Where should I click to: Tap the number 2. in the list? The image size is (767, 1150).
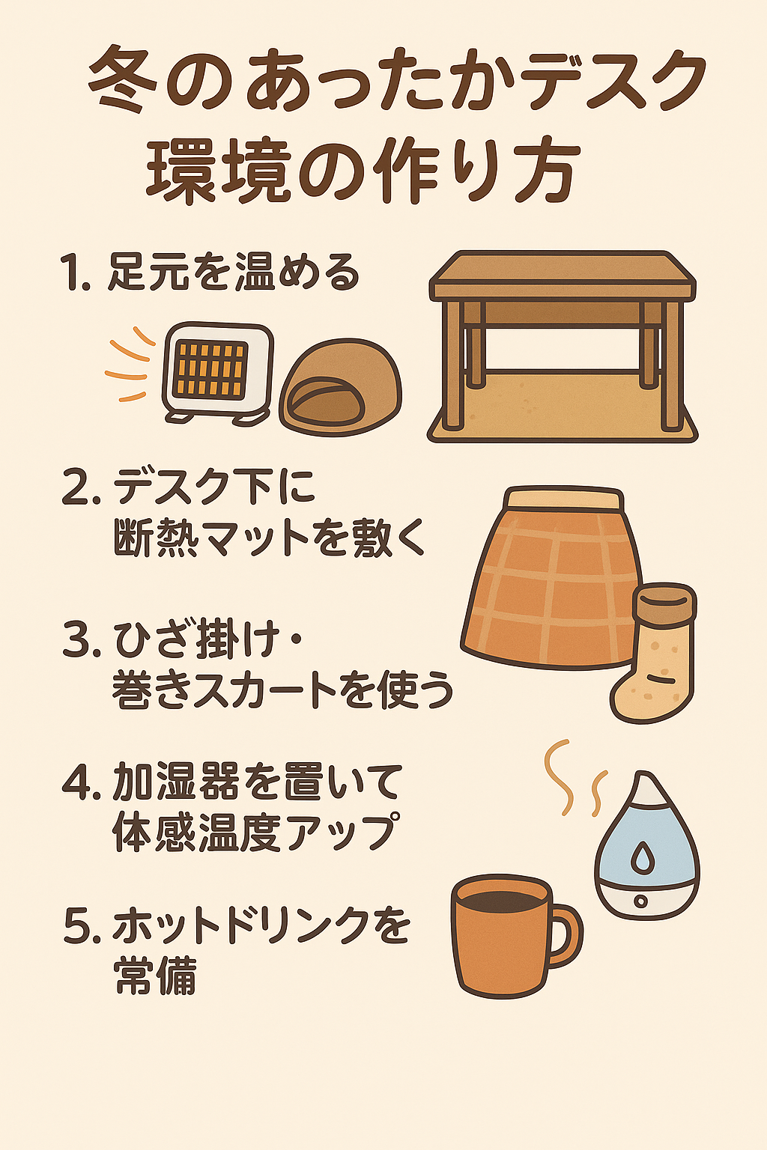point(81,488)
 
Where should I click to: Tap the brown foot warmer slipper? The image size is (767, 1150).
point(340,387)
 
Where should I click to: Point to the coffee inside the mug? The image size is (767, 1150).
point(501,898)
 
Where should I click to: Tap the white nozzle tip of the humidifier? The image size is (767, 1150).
point(645,787)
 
